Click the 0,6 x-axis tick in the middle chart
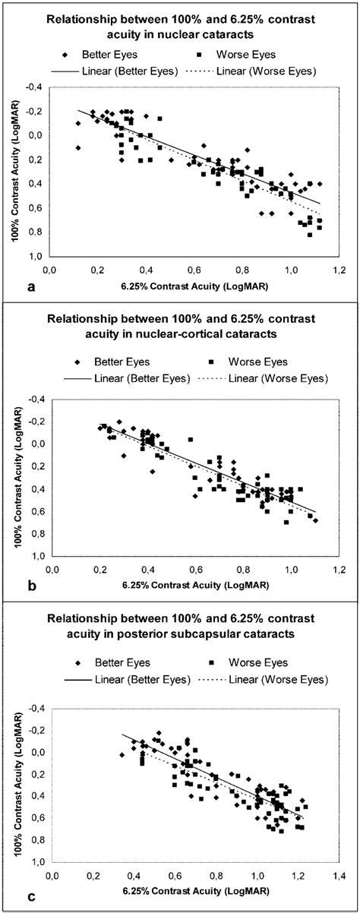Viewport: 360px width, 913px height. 195,568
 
